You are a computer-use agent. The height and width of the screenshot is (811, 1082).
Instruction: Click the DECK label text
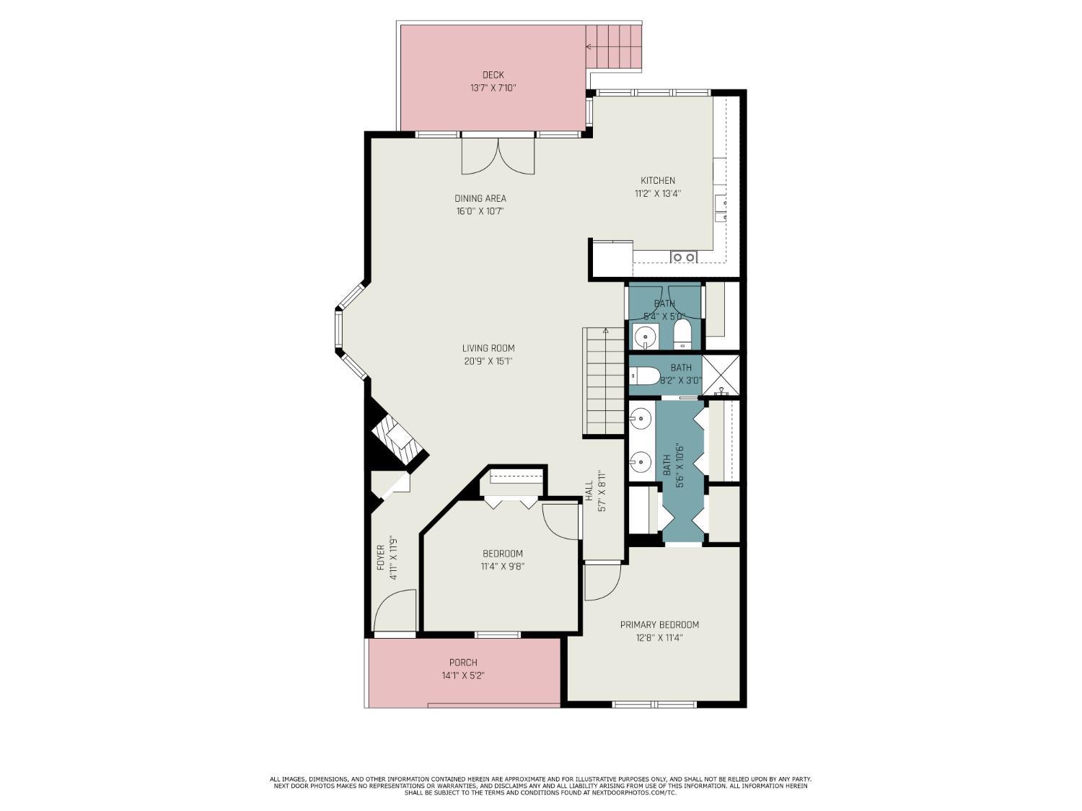coord(493,75)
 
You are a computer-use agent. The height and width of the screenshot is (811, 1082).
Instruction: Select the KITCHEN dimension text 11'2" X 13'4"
coord(658,193)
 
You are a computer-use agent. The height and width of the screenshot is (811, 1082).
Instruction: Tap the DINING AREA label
coord(480,198)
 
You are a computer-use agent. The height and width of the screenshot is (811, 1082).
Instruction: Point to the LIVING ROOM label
coord(488,348)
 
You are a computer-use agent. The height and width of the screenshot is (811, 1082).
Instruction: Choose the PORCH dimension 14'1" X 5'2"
coord(463,676)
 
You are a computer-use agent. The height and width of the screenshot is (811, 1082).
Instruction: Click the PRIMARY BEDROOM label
coord(659,624)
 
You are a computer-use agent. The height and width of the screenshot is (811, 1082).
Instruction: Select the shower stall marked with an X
coord(721,375)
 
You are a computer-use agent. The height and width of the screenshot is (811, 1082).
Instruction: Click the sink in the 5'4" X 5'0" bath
coord(645,335)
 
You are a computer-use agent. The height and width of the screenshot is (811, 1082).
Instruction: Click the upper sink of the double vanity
coord(641,417)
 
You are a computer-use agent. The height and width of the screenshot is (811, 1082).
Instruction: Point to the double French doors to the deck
coord(498,156)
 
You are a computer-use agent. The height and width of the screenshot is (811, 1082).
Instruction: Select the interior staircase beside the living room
coord(604,381)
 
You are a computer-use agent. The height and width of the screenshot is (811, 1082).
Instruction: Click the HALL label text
coord(589,491)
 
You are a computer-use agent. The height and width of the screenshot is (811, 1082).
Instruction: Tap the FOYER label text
coord(380,558)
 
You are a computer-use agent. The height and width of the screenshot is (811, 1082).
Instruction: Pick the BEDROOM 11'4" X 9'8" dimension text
coord(503,567)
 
